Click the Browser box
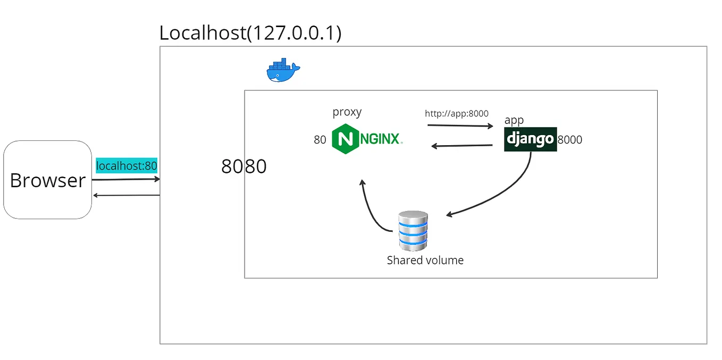click(48, 180)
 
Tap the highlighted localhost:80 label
click(127, 165)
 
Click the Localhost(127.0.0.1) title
click(250, 33)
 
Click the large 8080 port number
click(244, 166)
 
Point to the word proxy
click(347, 112)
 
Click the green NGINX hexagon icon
click(343, 139)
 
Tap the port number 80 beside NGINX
click(320, 140)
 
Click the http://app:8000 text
click(456, 113)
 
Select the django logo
click(530, 139)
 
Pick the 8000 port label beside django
click(569, 140)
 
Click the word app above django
click(514, 120)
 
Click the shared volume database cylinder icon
click(413, 231)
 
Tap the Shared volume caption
click(425, 261)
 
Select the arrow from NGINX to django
click(460, 126)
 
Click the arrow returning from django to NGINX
click(461, 146)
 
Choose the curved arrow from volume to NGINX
click(371, 210)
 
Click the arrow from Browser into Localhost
click(126, 179)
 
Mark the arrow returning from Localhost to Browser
click(126, 195)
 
